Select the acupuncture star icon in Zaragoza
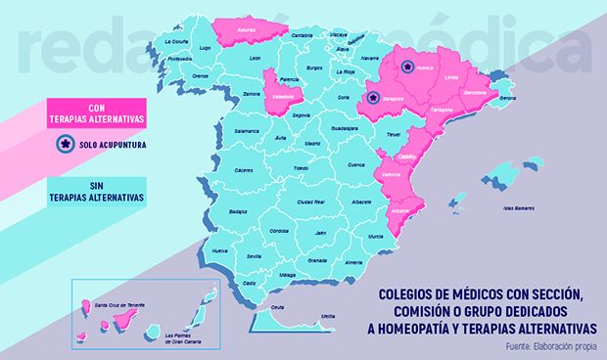tap(371, 98)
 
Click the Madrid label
tap(312, 143)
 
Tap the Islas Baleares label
tap(519, 207)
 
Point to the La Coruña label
tap(176, 42)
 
